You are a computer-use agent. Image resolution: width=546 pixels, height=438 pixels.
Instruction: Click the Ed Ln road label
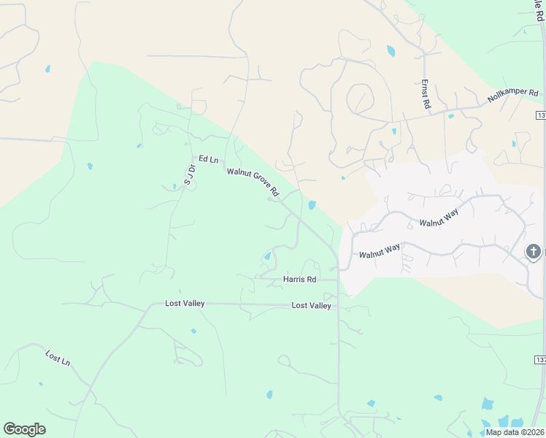coord(208,159)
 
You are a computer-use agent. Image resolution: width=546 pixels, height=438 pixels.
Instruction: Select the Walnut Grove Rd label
coord(253,182)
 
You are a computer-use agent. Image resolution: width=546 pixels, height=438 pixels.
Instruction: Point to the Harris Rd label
coord(300,280)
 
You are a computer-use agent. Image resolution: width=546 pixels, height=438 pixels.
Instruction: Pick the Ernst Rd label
coord(426,96)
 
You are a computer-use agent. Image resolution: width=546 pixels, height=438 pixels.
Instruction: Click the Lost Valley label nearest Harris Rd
coord(311,306)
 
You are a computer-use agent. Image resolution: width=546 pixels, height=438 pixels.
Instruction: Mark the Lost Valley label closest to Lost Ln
coord(185,303)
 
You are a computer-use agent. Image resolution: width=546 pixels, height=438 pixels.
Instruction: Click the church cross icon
coord(534,252)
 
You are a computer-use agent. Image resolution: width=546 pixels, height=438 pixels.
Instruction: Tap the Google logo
coord(24,429)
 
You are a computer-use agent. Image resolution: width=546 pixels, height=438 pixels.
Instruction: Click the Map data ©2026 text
coord(515,432)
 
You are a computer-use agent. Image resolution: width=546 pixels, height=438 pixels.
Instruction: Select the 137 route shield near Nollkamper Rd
coord(541,115)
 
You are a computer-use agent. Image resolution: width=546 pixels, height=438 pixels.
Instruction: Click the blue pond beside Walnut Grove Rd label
coord(312,205)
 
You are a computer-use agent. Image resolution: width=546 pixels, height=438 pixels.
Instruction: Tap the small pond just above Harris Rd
coord(267,255)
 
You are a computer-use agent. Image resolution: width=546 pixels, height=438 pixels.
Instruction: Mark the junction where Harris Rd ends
coord(338,279)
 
